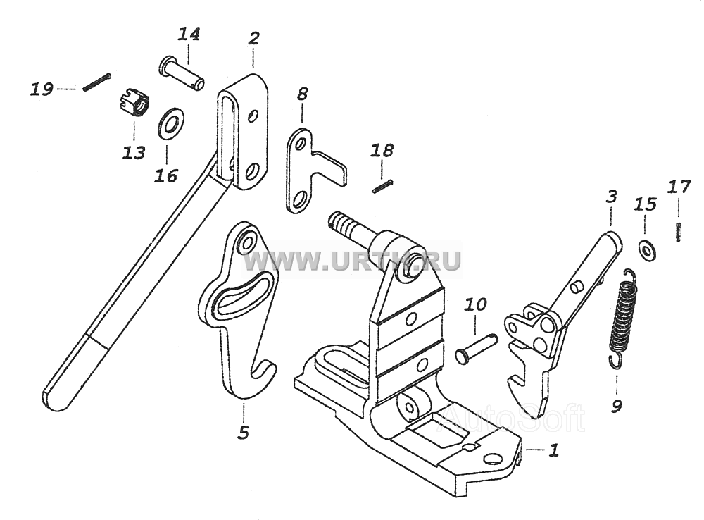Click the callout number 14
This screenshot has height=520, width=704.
point(189,35)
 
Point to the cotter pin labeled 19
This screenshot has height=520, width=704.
point(96,82)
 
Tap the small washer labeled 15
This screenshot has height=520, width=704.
point(646,250)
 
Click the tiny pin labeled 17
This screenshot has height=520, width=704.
point(679,231)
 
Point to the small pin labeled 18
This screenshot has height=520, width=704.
point(382,187)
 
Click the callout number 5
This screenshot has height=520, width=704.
point(244,433)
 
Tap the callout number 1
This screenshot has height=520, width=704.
point(554,450)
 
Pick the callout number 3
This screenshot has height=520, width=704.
point(611,197)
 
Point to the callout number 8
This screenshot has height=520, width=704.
point(302,94)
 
